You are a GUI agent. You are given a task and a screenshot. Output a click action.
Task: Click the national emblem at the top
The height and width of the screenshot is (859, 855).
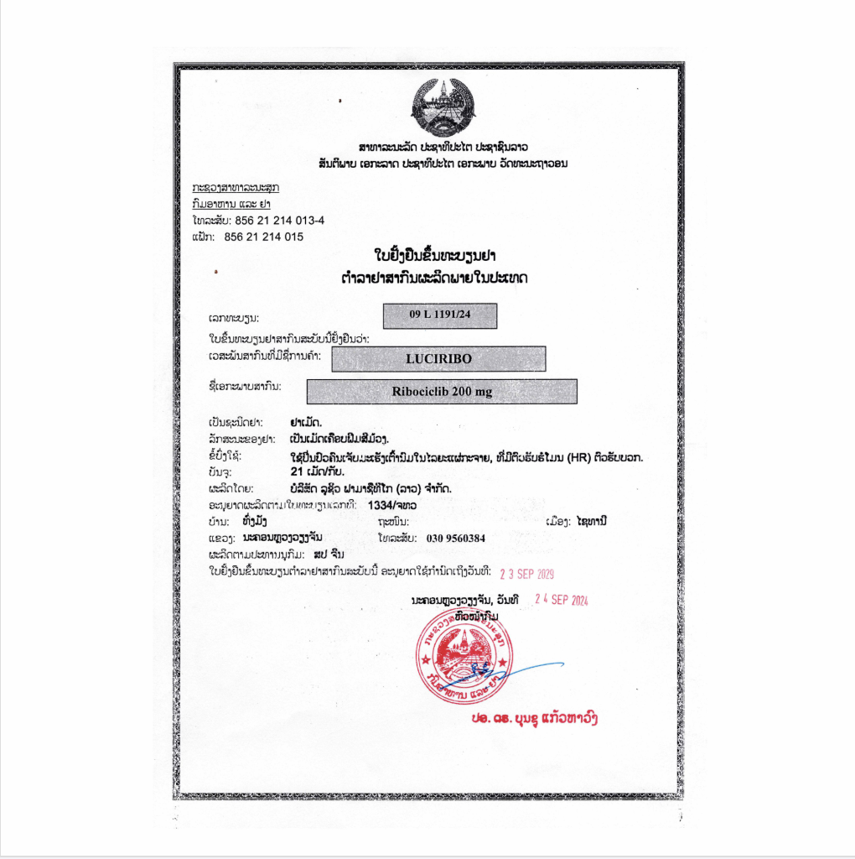442,107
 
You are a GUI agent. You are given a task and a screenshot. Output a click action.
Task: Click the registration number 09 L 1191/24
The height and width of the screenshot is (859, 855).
440,315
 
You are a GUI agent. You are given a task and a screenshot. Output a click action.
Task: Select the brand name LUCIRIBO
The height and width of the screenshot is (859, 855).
438,359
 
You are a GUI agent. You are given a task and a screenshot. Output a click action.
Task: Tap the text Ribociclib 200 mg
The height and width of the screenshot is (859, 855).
442,392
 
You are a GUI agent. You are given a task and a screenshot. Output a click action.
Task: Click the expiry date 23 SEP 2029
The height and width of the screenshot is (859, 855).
526,575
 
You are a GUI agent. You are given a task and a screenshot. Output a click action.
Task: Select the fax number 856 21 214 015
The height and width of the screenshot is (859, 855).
264,237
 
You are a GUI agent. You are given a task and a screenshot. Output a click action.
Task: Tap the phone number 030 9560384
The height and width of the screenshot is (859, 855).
456,538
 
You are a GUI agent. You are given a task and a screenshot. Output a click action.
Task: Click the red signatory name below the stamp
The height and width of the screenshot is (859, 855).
534,718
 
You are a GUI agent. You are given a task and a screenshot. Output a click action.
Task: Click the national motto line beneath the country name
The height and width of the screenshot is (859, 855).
442,163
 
